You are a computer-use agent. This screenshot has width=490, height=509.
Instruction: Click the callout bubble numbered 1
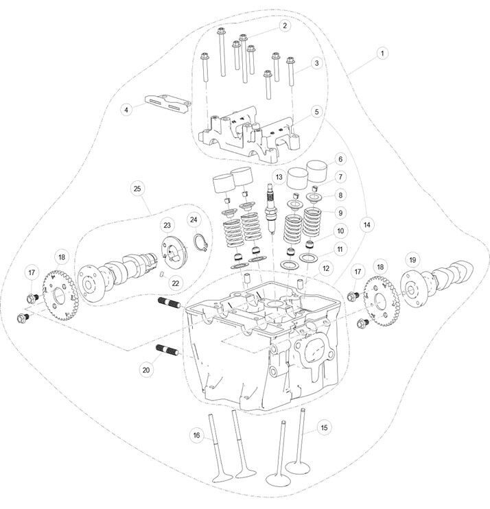pos(382,52)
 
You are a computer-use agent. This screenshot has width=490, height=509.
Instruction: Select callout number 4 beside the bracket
pos(126,108)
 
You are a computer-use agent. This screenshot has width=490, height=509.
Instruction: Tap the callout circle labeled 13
pos(278,177)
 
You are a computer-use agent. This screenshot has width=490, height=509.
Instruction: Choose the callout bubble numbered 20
pos(145,369)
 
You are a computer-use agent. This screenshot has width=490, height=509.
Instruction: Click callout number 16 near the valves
pos(196,435)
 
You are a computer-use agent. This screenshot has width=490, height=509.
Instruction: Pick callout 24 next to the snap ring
pos(194,220)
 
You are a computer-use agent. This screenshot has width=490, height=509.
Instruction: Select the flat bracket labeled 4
pos(167,104)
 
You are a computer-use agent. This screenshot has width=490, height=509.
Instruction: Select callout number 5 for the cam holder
pos(316,110)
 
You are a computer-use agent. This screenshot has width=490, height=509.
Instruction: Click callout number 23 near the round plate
pos(166,225)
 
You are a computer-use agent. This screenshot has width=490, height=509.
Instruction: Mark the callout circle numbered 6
pos(339,158)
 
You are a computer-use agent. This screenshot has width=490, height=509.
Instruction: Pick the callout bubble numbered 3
pos(316,63)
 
